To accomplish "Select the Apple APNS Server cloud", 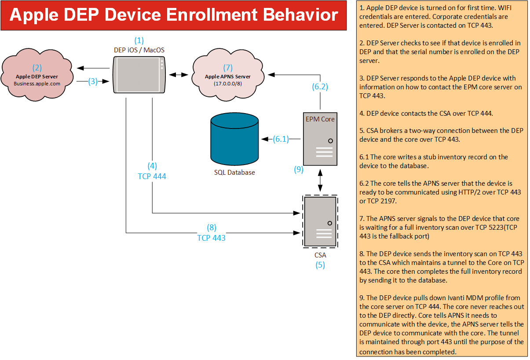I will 227,75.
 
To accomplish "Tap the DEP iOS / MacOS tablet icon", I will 139,74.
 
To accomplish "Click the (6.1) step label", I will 281,139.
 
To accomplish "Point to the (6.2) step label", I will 320,87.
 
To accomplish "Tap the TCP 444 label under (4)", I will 152,176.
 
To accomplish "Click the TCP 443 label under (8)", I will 211,238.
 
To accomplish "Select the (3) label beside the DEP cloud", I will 92,81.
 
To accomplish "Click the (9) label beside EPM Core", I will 299,169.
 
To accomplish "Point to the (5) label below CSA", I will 320,265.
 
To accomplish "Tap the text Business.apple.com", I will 37,83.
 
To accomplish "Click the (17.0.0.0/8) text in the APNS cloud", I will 227,83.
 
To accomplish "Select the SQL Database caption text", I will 234,172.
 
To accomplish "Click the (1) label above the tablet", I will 139,40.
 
